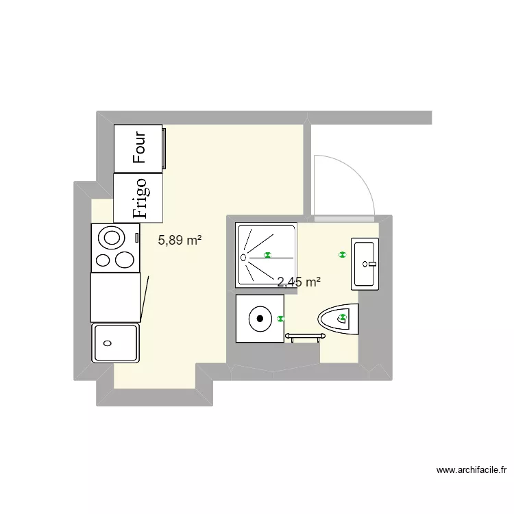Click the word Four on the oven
(x=140, y=147)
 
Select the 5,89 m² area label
(x=180, y=241)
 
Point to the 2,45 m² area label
(x=299, y=282)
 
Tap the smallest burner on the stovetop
(x=102, y=260)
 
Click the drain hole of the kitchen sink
(x=106, y=343)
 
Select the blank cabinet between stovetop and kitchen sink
(x=115, y=297)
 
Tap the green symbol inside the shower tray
(x=267, y=255)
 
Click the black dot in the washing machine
(x=260, y=318)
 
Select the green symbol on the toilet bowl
(x=342, y=317)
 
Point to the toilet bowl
(x=338, y=319)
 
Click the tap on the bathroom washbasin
(x=371, y=262)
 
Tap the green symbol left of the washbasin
(x=342, y=255)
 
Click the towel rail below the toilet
(x=305, y=336)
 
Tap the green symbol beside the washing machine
(x=280, y=319)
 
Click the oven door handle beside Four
(x=164, y=148)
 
